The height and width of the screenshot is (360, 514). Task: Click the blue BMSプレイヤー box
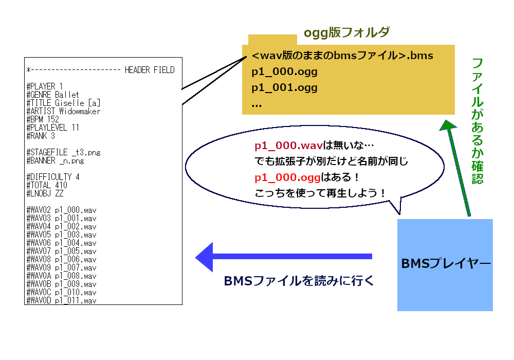tap(445, 265)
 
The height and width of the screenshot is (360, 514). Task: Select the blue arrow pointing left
tap(283, 256)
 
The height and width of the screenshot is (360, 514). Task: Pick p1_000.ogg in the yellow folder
tap(284, 71)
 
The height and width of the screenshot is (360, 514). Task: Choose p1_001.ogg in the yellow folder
tap(284, 87)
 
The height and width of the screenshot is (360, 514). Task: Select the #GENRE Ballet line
tap(52, 95)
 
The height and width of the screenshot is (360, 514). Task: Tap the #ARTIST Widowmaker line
tap(63, 111)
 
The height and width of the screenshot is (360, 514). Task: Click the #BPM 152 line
tap(43, 119)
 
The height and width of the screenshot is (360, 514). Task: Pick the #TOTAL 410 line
tap(47, 185)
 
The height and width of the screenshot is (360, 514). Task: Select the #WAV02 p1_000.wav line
tap(61, 210)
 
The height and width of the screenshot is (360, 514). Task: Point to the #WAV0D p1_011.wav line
tap(61, 300)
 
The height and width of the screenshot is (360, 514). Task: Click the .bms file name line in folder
tap(342, 56)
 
